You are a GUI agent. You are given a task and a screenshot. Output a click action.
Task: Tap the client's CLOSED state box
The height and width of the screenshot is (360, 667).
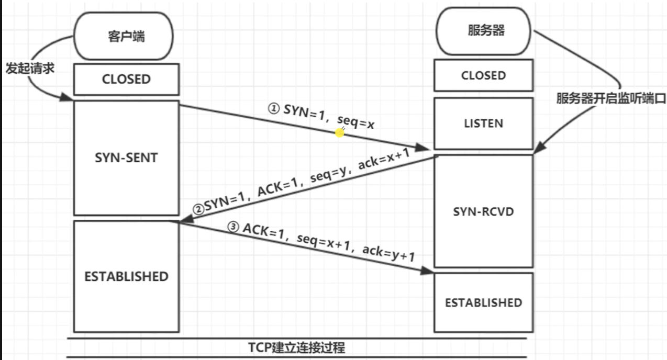point(126,80)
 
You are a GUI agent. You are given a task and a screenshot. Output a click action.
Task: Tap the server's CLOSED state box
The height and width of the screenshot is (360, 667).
point(483,75)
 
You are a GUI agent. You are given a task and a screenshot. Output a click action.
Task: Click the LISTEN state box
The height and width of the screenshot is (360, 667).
point(483,123)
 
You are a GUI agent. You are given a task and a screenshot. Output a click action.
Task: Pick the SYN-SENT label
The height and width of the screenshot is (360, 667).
point(126,157)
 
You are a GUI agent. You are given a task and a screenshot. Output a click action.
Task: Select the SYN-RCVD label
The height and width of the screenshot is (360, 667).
point(483,211)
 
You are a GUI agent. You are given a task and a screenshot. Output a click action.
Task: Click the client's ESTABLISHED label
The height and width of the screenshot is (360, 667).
point(126,277)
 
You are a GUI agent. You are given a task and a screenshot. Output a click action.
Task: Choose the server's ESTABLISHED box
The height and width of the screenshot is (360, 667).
point(483,302)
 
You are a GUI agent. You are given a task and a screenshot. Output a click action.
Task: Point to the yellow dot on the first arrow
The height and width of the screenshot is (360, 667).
point(340,133)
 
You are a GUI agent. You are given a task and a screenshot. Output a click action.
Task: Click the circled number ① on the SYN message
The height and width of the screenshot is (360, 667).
point(274,108)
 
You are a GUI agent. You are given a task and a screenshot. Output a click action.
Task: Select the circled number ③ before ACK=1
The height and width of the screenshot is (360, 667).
point(233,228)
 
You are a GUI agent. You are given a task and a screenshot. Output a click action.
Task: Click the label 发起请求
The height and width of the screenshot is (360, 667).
point(29,69)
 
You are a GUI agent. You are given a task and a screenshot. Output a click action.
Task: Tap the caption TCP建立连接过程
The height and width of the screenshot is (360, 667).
point(297,348)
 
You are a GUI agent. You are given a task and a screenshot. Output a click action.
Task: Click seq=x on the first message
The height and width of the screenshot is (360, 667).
point(356,122)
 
